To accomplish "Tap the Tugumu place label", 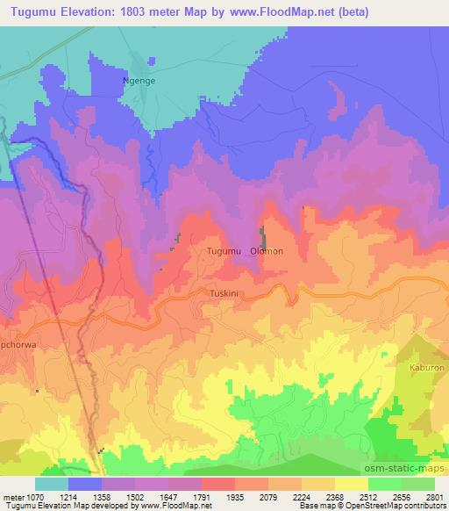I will [223, 251].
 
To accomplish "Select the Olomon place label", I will [267, 251].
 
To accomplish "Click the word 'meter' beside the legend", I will [13, 497].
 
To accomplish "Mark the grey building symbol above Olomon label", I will [262, 234].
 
